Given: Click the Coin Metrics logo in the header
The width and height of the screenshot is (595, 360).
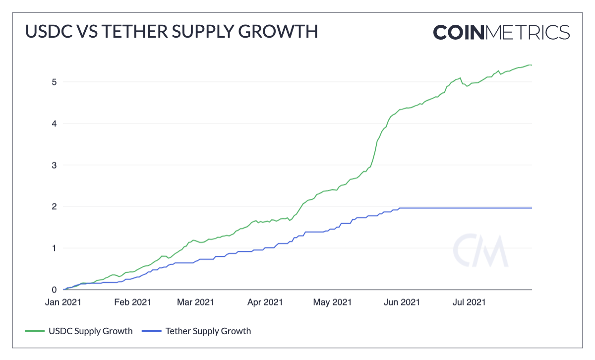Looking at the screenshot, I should click(501, 32).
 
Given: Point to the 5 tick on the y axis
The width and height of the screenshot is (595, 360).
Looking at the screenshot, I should click(53, 82).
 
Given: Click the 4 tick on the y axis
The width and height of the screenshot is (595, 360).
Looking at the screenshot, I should click(53, 123).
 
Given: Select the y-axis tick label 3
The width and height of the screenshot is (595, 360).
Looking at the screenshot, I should click(53, 165).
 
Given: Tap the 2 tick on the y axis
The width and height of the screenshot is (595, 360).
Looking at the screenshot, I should click(53, 207).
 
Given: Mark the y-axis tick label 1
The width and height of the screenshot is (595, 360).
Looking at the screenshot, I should click(53, 248).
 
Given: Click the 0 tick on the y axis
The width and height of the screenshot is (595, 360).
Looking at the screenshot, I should click(53, 290).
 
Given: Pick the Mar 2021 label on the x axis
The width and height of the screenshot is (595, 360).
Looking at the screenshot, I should click(195, 302).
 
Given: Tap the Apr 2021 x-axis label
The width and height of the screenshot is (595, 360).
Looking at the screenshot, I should click(264, 302).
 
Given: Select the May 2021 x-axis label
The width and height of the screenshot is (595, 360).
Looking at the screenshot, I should click(332, 302).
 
